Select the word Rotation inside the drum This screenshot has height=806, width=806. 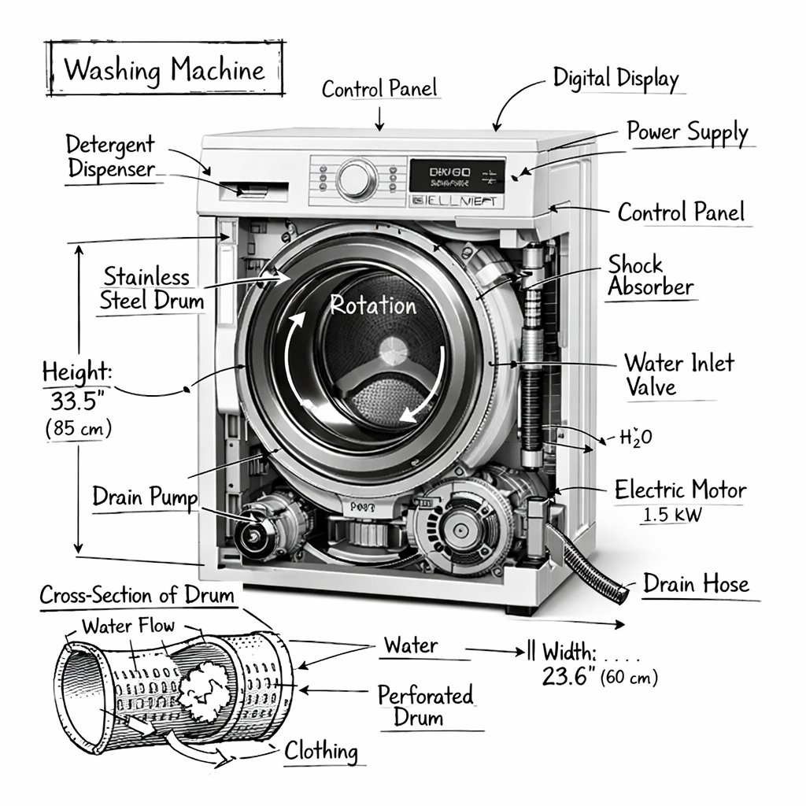point(373,305)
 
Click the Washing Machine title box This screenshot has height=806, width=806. point(165,70)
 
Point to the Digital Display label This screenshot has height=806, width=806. point(615,79)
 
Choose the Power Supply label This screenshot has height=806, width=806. point(686,132)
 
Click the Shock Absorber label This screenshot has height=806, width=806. point(650,275)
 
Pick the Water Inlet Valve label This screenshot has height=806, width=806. point(678,375)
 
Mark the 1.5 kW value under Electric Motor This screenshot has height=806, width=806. point(673,516)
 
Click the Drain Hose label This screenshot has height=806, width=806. point(696,584)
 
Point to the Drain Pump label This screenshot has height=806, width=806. point(145,497)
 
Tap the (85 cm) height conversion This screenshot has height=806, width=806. point(78,429)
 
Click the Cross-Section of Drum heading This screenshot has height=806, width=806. point(138,595)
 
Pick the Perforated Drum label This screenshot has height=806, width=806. point(425,706)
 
